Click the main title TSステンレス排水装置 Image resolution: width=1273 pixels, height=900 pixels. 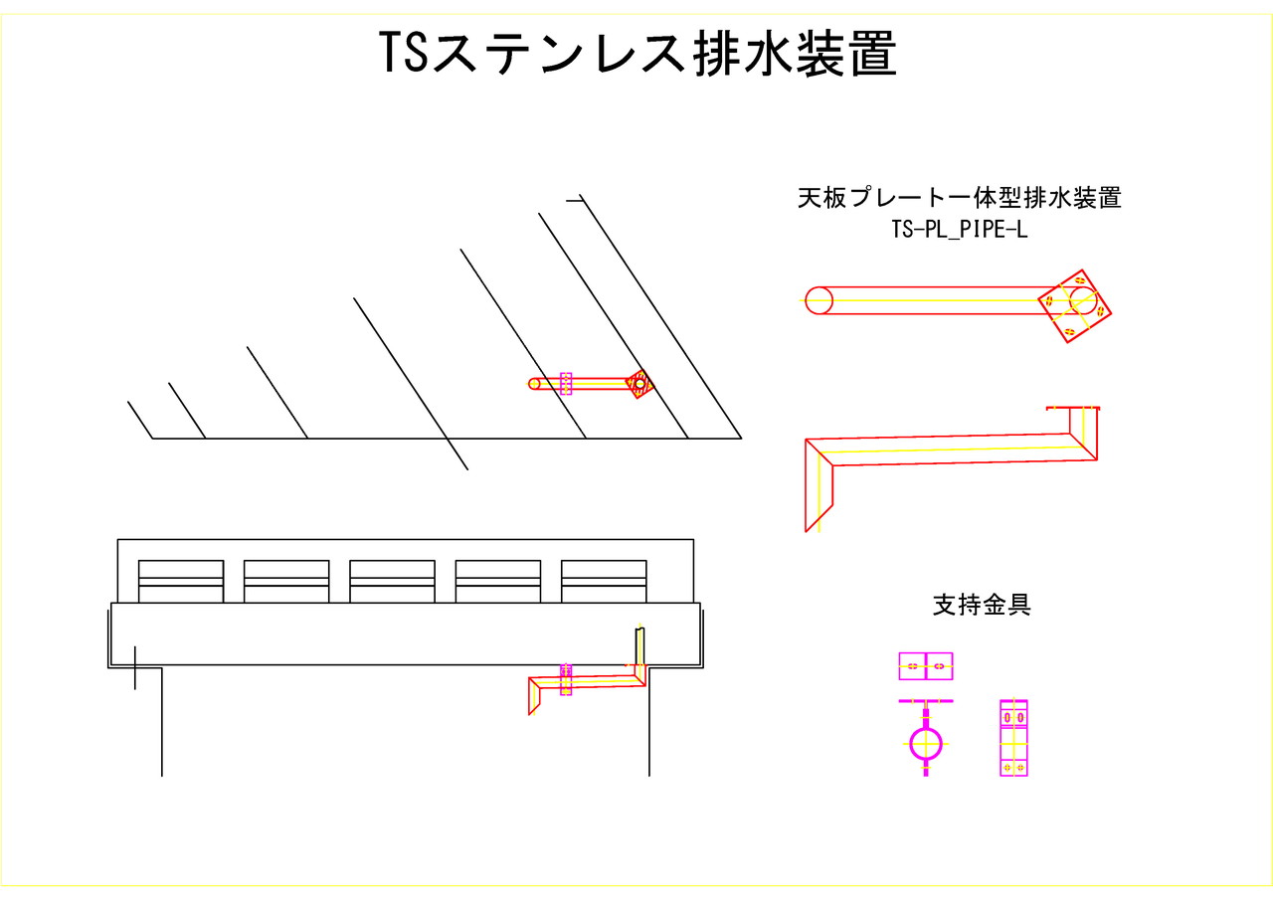[x=637, y=54]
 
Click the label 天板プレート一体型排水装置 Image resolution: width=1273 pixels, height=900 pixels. [x=959, y=198]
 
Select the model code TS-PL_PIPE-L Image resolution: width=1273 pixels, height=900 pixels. [x=959, y=229]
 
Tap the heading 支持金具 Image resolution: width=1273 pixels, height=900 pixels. [x=981, y=605]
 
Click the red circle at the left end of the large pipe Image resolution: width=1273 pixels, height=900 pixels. [x=818, y=300]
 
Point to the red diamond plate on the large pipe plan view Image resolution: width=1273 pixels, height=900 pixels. [x=1074, y=306]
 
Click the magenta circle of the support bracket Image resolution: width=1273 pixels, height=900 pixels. [x=925, y=742]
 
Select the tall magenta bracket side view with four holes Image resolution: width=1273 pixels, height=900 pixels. [x=1013, y=738]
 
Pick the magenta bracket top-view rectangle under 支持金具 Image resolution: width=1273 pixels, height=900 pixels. [x=925, y=666]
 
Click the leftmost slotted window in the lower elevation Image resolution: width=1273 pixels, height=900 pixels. [x=181, y=581]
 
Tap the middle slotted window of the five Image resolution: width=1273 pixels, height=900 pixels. [x=392, y=581]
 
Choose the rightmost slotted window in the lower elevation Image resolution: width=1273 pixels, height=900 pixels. [x=604, y=581]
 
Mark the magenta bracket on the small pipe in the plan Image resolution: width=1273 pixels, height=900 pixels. [x=566, y=384]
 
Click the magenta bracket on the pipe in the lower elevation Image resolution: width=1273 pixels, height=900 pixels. [x=566, y=679]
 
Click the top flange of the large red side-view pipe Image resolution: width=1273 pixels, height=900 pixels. [x=1073, y=408]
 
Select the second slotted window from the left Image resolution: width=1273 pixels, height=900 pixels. [x=286, y=581]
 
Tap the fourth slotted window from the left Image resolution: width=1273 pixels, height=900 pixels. [x=497, y=581]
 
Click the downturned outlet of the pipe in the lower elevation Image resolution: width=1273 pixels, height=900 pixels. [x=535, y=696]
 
